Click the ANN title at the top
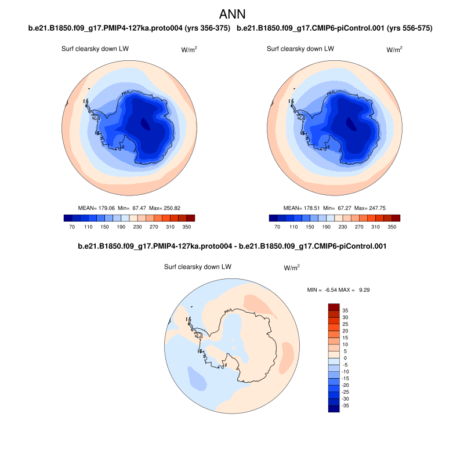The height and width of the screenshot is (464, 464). pos(231,13)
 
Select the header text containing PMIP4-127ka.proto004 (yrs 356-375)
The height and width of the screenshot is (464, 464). pos(129,28)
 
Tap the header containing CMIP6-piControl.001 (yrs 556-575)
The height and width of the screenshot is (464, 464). pos(335,28)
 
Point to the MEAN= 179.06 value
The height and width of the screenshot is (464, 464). pos(96,208)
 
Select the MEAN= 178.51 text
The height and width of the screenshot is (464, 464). pos(302,208)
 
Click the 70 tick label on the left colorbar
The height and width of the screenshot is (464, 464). pos(72,227)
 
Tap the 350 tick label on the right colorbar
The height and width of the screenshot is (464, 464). pos(391,227)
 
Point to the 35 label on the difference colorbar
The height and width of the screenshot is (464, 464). pos(345,310)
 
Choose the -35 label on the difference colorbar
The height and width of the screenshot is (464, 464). pos(346,406)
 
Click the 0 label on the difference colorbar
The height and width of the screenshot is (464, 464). pos(345,358)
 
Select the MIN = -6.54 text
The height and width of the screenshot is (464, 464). pos(321,289)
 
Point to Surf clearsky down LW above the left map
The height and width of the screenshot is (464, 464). pos(95,49)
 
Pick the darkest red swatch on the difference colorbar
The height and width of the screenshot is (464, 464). pos(333,307)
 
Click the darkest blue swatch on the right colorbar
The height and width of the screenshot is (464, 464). pos(274,218)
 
